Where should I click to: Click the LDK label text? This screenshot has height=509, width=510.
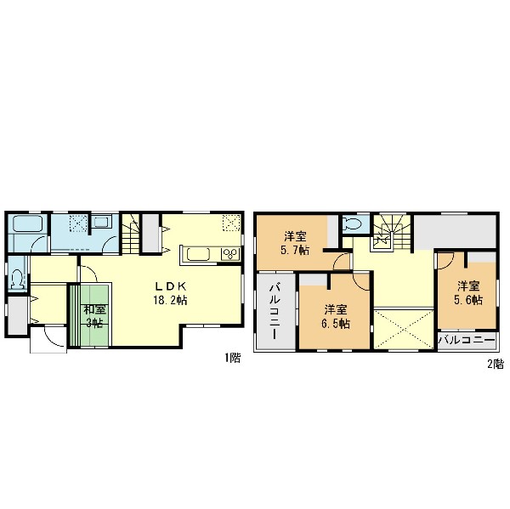171,286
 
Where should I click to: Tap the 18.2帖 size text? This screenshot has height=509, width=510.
170,300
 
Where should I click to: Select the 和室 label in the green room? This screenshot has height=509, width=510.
94,309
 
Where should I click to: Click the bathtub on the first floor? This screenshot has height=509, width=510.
28,223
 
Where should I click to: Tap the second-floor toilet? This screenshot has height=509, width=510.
352,223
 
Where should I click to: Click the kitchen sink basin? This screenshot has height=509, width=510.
198,254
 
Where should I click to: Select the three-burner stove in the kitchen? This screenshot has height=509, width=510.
230,254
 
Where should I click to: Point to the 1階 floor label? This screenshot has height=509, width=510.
233,358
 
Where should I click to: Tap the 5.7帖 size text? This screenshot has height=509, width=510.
295,250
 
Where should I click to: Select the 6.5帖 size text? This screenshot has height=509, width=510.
336,324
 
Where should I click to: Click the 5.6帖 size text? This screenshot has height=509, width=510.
468,300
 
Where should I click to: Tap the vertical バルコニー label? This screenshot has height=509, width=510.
275,312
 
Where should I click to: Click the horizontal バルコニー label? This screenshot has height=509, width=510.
467,341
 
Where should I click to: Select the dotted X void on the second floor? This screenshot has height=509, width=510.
404,330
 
